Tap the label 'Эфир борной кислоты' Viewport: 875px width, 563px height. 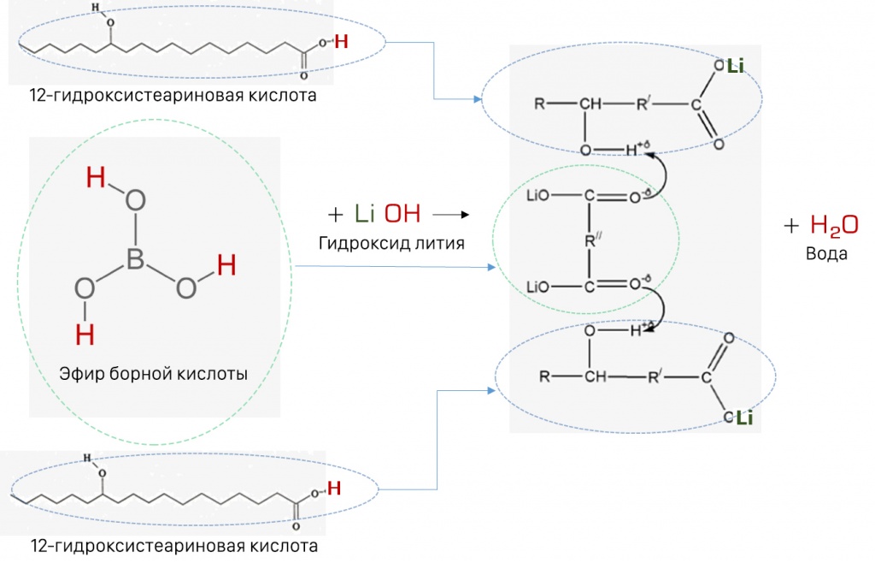tap(154, 374)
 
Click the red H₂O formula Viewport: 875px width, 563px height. tap(834, 225)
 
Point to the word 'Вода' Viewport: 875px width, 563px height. tap(826, 253)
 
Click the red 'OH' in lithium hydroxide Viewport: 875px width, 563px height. tap(402, 214)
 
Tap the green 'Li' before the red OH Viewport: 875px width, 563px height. tap(364, 214)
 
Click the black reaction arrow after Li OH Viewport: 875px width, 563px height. tap(451, 215)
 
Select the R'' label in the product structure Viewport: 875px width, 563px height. tap(593, 240)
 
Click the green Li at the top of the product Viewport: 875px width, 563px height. tap(736, 67)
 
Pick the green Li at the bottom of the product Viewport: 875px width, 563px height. tap(745, 418)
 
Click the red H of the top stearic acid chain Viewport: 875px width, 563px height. tap(341, 41)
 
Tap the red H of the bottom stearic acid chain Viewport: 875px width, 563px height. tap(334, 489)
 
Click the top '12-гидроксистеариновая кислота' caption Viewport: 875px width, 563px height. tap(173, 96)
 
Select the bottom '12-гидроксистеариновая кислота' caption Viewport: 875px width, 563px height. tap(174, 546)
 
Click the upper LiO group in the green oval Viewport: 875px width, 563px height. tap(538, 196)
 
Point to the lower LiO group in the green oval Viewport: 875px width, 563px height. tap(538, 287)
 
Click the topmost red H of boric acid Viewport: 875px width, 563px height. tap(96, 178)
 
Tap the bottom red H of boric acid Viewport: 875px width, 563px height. tap(85, 335)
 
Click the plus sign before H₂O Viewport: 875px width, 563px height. tap(791, 226)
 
